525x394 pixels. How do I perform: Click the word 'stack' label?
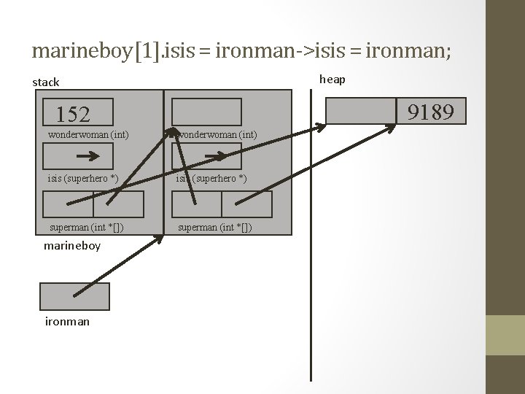(x=46, y=82)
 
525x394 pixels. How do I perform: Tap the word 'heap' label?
(x=332, y=79)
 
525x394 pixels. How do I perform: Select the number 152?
(x=73, y=115)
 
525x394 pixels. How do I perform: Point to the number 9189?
(x=431, y=112)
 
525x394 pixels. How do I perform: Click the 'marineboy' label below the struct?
(x=72, y=246)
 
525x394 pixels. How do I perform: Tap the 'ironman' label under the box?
(x=67, y=320)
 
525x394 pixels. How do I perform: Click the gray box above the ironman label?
(x=74, y=296)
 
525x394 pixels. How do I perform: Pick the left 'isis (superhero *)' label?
(x=82, y=179)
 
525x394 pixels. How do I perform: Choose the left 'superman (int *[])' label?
(x=86, y=227)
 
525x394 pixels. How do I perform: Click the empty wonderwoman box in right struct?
(x=206, y=112)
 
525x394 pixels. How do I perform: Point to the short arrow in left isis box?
(x=88, y=156)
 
